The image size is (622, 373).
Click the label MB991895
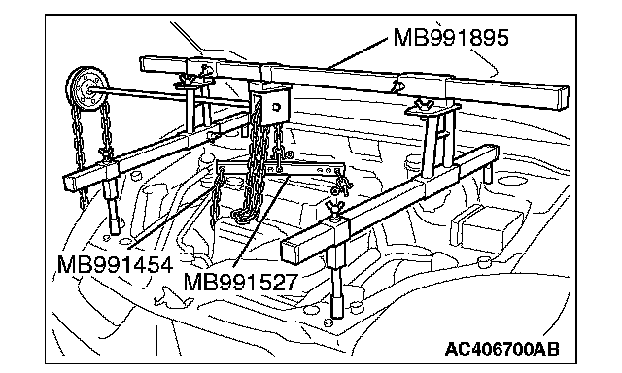pyautogui.click(x=451, y=38)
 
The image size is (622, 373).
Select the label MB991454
pyautogui.click(x=115, y=264)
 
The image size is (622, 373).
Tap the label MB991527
pyautogui.click(x=240, y=282)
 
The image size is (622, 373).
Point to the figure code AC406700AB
pyautogui.click(x=501, y=349)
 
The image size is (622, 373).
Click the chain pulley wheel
pyautogui.click(x=87, y=90)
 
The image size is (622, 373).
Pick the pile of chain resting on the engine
pyautogui.click(x=246, y=214)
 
